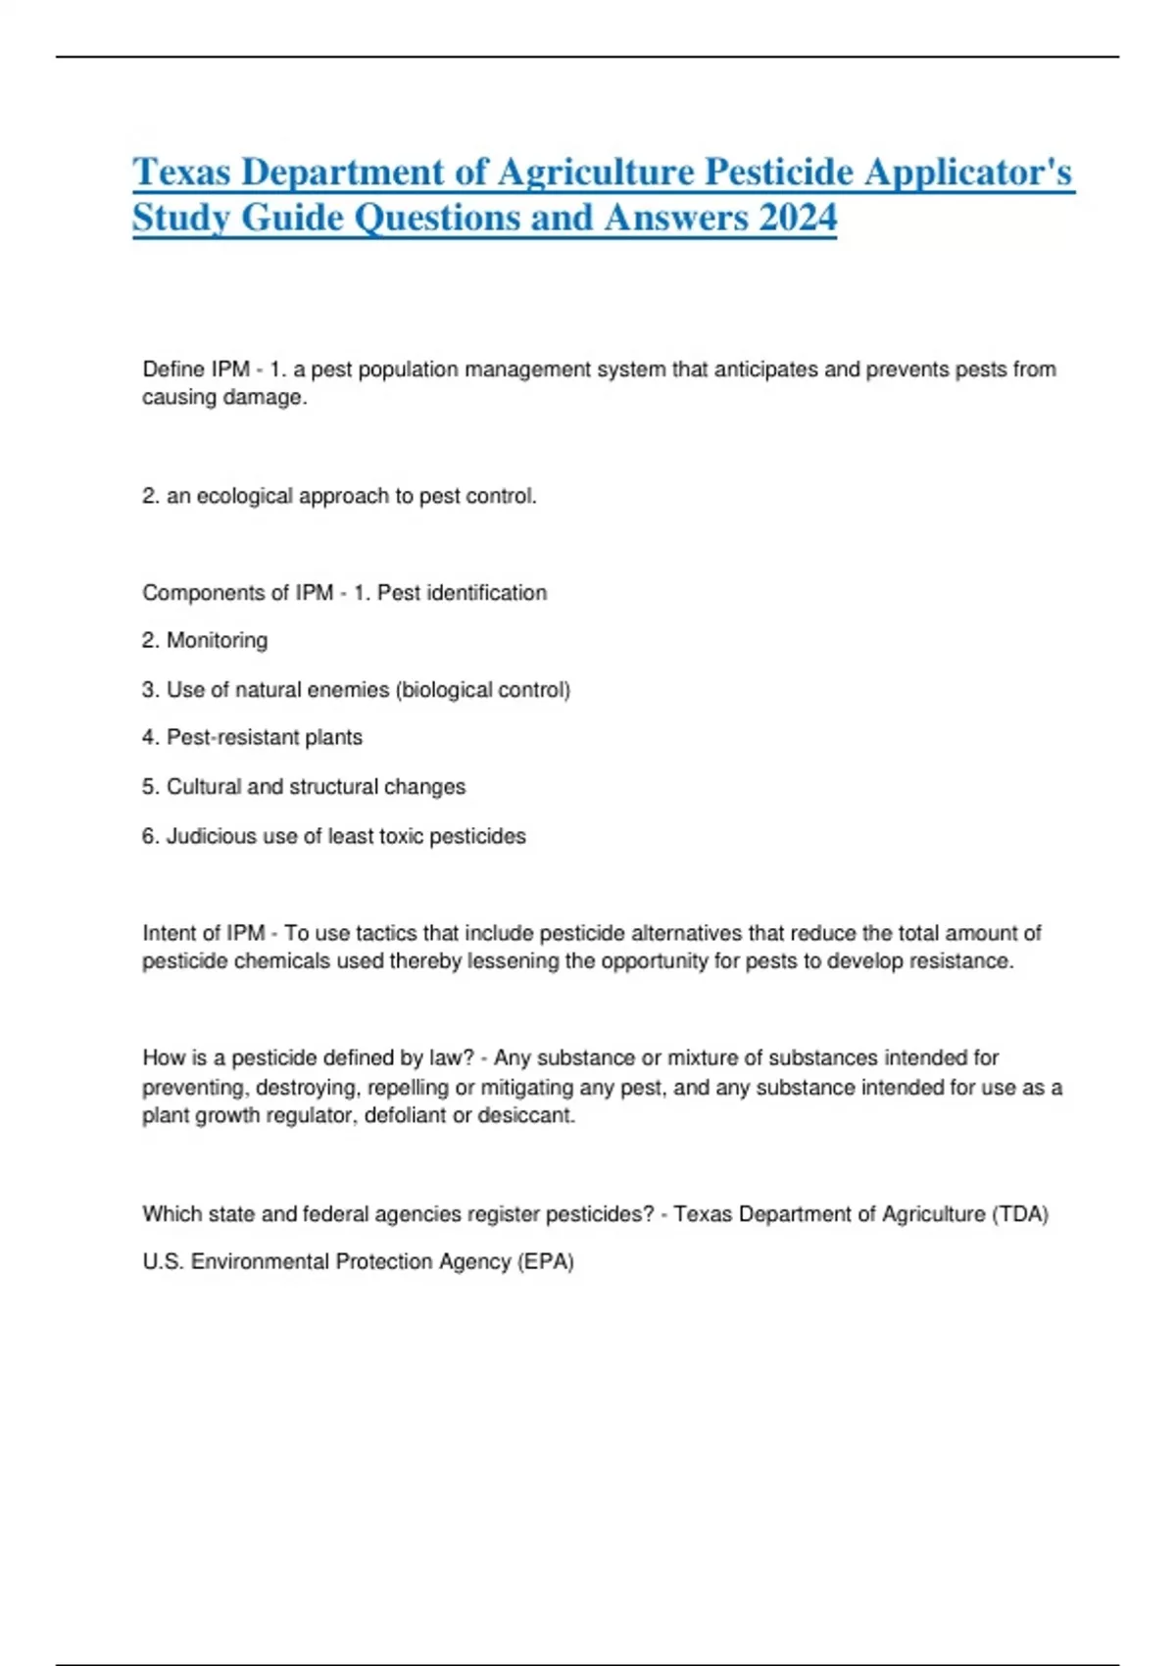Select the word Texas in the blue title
[181, 172]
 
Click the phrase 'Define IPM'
[196, 369]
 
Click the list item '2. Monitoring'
[205, 640]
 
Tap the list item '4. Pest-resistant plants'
[252, 737]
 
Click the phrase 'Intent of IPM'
[203, 932]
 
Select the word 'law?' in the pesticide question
[452, 1057]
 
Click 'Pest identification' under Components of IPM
[462, 592]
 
